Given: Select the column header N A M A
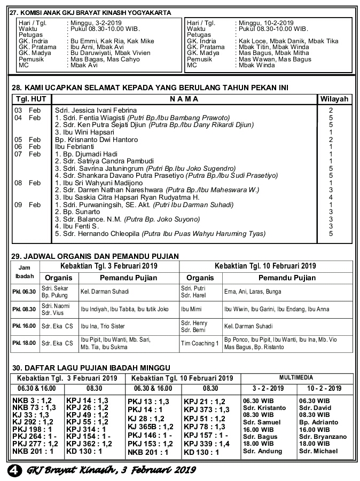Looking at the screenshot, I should coord(184,99).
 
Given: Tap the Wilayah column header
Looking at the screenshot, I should coord(334,99).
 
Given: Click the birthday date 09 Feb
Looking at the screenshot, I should coord(27,204).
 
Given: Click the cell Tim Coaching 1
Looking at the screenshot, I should coord(200,343).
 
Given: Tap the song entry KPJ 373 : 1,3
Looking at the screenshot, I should coord(206,409).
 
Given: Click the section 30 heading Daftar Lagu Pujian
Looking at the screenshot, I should coord(91,367).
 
